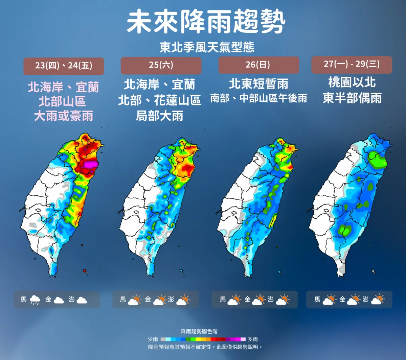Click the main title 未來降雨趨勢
(x=206, y=22)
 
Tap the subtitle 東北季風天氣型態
(x=207, y=47)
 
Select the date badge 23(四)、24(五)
(x=64, y=66)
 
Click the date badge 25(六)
(x=161, y=65)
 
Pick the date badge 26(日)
(x=258, y=65)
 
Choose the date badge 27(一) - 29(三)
(x=352, y=64)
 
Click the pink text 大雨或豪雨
(x=64, y=116)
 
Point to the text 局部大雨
(x=159, y=116)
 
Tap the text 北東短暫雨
(x=258, y=84)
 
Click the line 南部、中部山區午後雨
(x=258, y=98)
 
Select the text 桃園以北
(x=352, y=82)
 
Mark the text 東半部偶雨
(x=352, y=98)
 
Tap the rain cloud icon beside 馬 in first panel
(x=35, y=300)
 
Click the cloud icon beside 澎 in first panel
(x=82, y=300)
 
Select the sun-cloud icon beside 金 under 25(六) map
(x=160, y=300)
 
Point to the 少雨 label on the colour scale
(x=153, y=339)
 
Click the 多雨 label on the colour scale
(x=253, y=339)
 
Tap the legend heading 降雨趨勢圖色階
(x=199, y=332)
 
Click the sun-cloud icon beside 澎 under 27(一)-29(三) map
(x=378, y=300)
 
